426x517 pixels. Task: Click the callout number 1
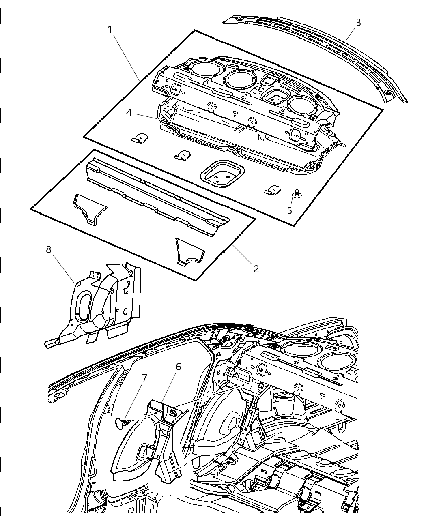110,30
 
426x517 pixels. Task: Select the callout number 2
256,269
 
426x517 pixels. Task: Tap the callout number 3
358,23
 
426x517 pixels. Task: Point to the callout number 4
129,113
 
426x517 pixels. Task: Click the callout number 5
289,210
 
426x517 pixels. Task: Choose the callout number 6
178,367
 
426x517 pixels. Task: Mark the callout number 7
144,378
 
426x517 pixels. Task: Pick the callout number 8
49,249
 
